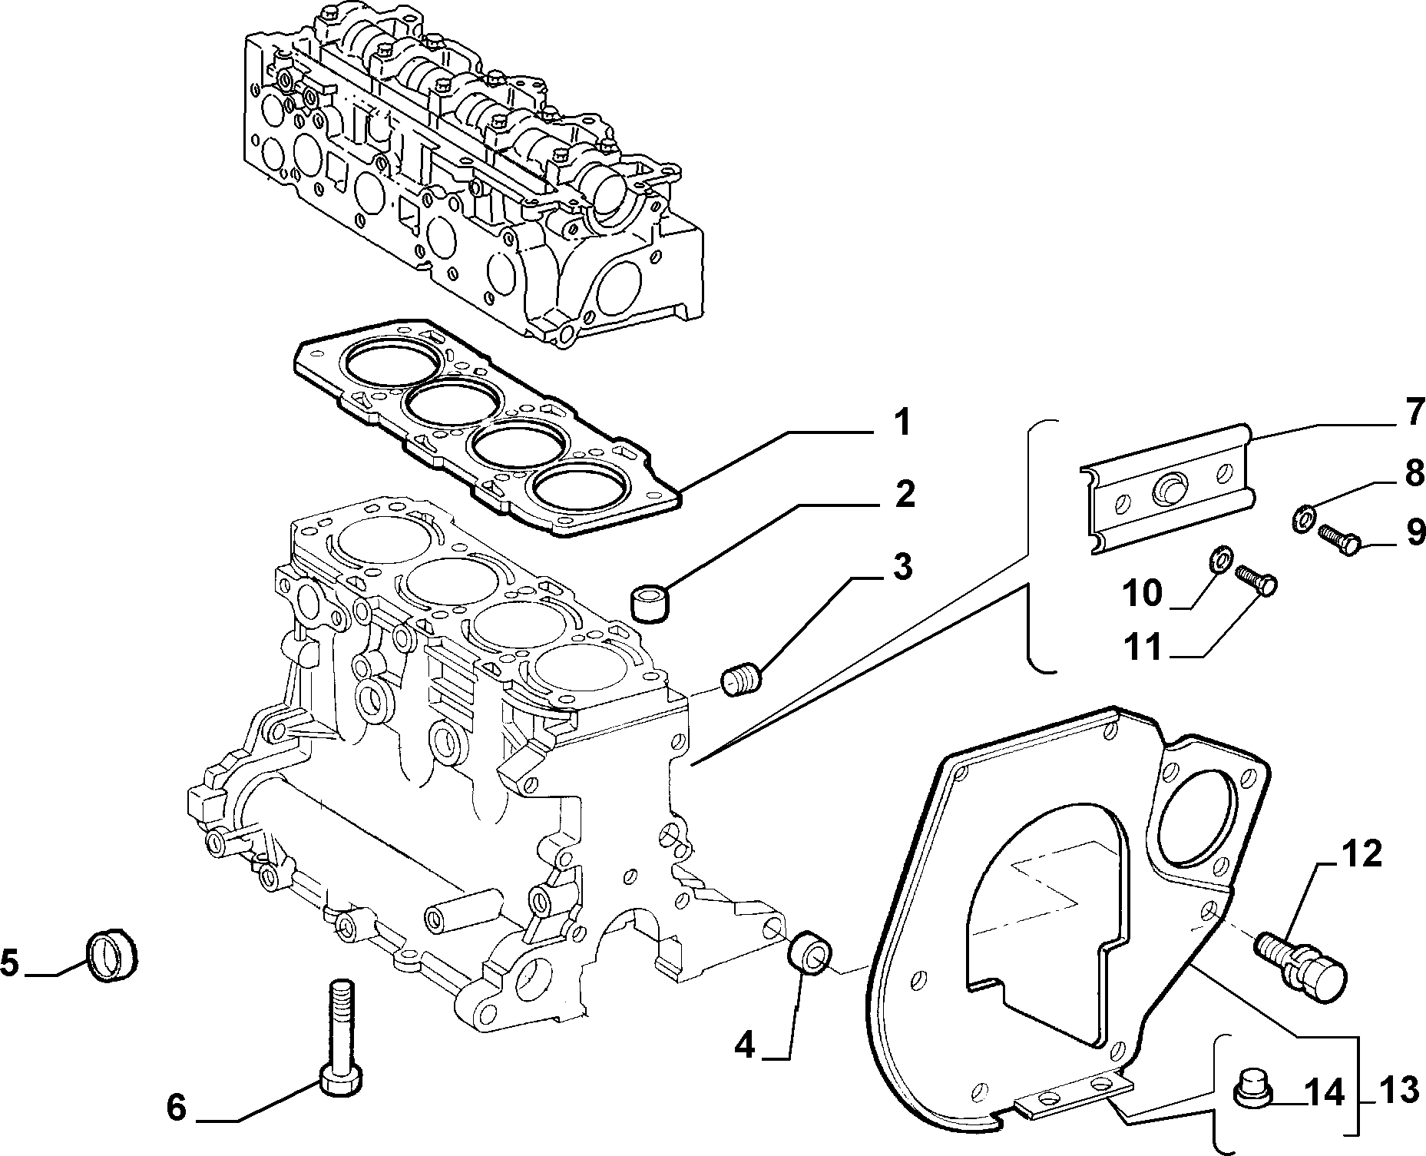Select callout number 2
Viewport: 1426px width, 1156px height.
click(x=904, y=495)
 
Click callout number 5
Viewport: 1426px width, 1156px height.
click(x=10, y=962)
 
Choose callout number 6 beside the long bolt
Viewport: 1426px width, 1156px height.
click(x=177, y=1108)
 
